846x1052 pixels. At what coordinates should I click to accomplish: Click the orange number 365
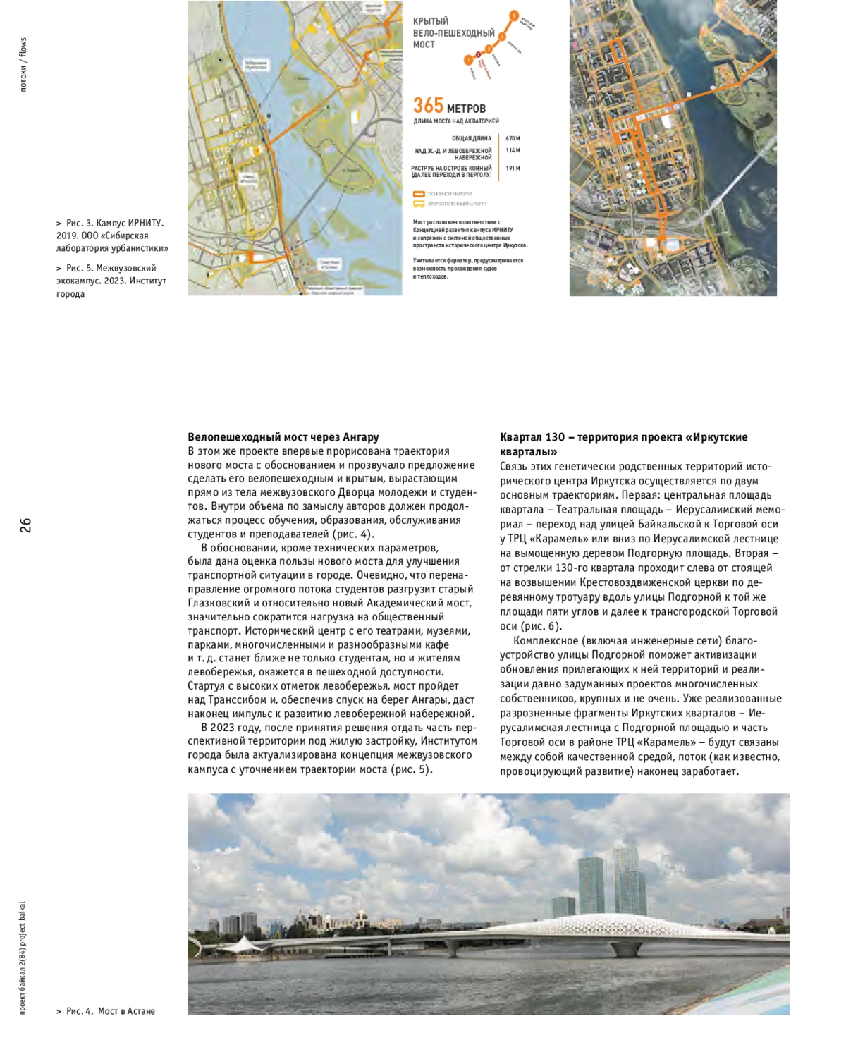(428, 106)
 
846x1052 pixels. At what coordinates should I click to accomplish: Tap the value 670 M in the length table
(513, 139)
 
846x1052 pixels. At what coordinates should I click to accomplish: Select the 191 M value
(513, 169)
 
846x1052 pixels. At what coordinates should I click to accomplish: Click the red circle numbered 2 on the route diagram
(479, 54)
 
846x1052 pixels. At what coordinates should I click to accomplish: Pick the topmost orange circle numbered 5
(514, 16)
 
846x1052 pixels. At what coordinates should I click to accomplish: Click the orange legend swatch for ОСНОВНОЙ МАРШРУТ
(419, 194)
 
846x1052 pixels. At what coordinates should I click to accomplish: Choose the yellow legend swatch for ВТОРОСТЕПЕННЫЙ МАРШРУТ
(419, 204)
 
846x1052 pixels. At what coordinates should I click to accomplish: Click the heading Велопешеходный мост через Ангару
(283, 437)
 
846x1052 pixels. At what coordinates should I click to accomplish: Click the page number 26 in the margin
(26, 525)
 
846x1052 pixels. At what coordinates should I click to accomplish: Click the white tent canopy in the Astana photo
(243, 943)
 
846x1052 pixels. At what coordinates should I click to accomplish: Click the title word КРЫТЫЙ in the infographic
(431, 22)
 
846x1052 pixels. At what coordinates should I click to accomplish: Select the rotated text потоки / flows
(23, 65)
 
